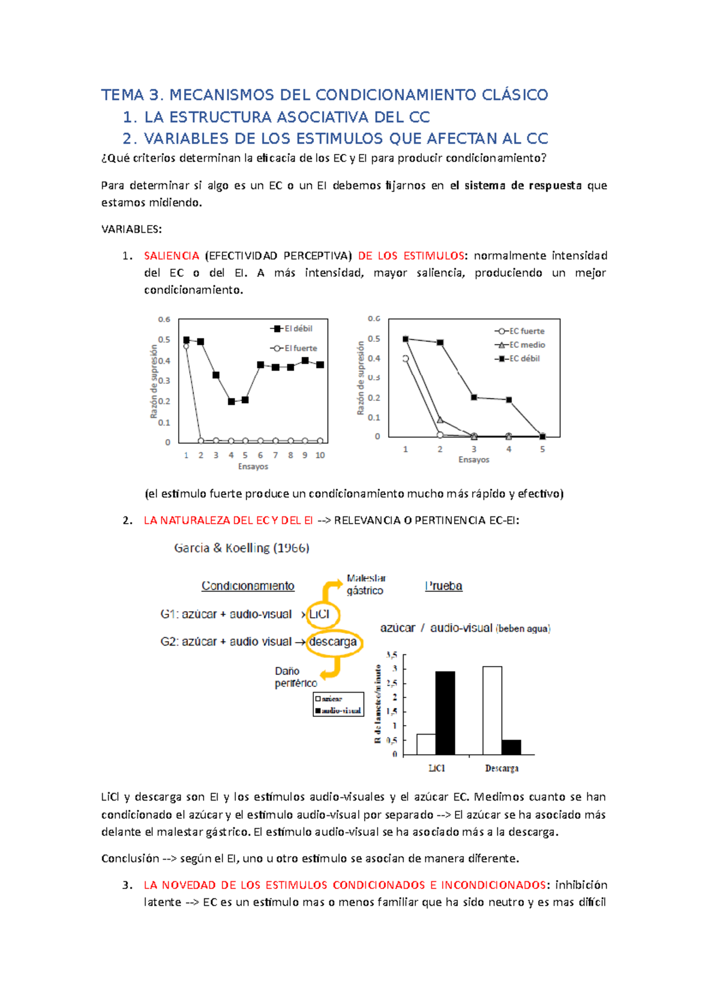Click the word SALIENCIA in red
tap(171, 256)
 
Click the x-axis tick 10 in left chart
tap(320, 455)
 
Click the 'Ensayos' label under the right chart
tap(474, 460)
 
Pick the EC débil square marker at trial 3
tap(474, 397)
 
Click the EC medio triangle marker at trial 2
tap(440, 420)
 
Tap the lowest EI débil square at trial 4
tap(231, 401)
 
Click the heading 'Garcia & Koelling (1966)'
tap(241, 548)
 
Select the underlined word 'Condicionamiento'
tap(248, 586)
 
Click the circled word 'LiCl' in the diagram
tap(319, 614)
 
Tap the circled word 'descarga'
tap(333, 642)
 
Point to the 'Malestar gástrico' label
tap(365, 585)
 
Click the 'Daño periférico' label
tap(295, 677)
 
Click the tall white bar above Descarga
tap(492, 710)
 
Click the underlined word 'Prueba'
tap(444, 586)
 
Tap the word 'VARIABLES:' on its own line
tap(132, 229)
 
